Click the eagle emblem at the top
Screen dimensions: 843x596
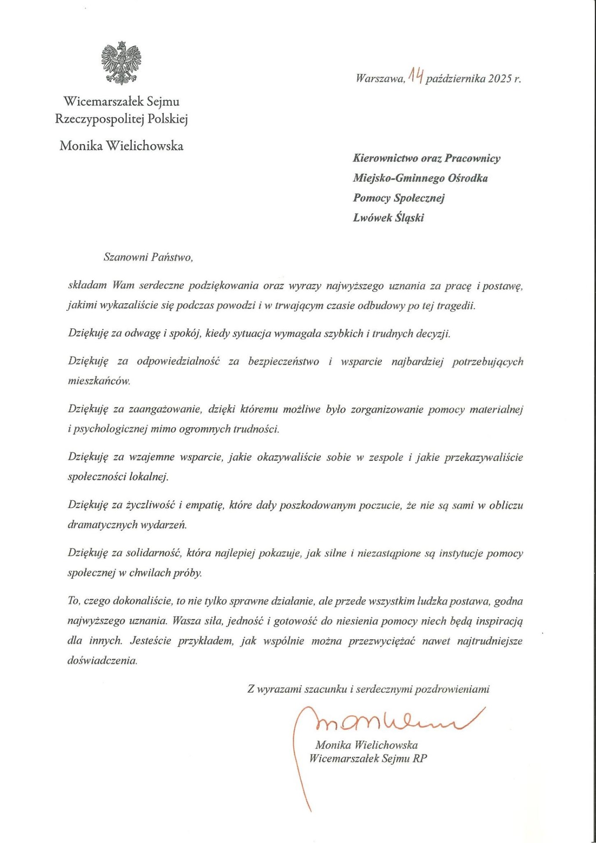(x=121, y=63)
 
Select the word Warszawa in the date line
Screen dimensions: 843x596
(x=380, y=79)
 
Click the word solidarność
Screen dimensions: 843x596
(x=153, y=553)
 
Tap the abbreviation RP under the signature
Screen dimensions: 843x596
(x=419, y=758)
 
